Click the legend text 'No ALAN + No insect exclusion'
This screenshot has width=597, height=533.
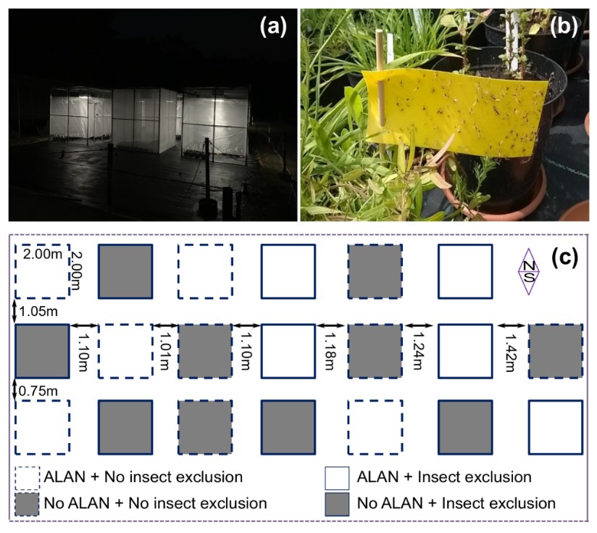coord(155,502)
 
